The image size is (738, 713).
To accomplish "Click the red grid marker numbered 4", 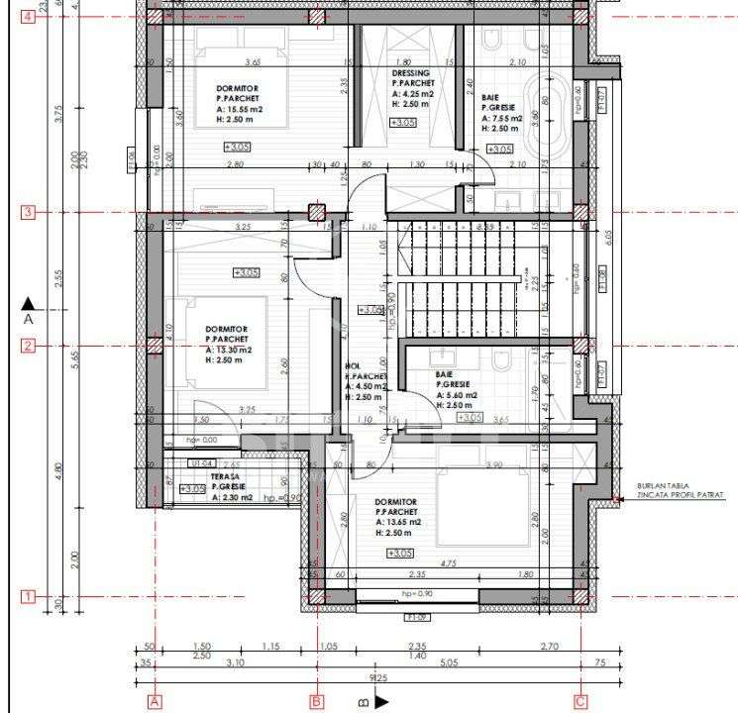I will pyautogui.click(x=28, y=17).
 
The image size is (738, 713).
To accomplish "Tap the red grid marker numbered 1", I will pyautogui.click(x=28, y=596).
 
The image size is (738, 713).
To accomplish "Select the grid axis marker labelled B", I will pyautogui.click(x=317, y=701).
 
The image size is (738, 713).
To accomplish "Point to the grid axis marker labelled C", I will pyautogui.click(x=580, y=701).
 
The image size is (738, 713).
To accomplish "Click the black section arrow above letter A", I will pyautogui.click(x=28, y=303).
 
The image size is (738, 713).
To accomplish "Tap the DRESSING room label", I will pyautogui.click(x=411, y=73).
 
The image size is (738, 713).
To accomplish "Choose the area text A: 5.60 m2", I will pyautogui.click(x=457, y=394).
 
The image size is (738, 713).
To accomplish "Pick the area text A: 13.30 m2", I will pyautogui.click(x=230, y=350).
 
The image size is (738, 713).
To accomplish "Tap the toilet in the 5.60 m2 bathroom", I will pyautogui.click(x=502, y=359).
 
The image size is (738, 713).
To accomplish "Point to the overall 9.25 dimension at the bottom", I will pyautogui.click(x=377, y=679).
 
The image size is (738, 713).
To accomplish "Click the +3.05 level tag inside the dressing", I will pyautogui.click(x=403, y=123).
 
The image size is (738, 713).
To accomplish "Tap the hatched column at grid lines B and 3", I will pyautogui.click(x=317, y=212).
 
